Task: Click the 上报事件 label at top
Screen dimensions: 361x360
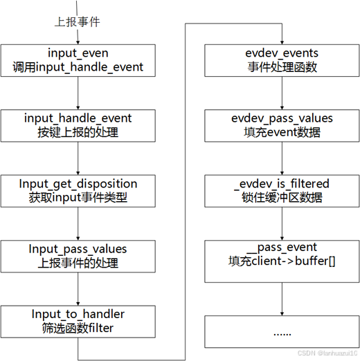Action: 78,22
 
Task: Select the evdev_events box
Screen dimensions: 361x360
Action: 282,60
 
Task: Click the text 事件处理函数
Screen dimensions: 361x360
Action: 282,68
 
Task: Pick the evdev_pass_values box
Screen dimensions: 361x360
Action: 282,125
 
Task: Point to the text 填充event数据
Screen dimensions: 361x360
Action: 282,133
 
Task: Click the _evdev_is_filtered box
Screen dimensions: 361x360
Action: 282,191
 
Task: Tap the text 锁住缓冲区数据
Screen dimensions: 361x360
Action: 282,198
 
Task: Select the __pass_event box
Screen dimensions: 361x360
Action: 282,256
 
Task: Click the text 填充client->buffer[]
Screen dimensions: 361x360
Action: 282,263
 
